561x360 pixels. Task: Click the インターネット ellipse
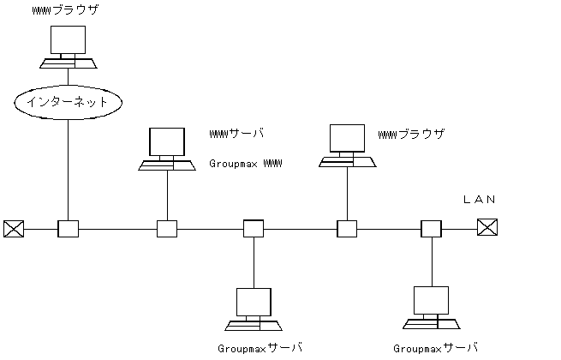(x=68, y=102)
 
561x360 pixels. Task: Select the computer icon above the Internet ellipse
(x=68, y=48)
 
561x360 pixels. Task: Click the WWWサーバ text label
(x=237, y=134)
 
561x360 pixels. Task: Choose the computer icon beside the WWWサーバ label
(x=167, y=149)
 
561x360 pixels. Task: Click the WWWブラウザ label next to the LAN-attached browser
(x=412, y=135)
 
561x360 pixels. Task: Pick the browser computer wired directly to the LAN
(x=347, y=147)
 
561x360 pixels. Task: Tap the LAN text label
(x=479, y=200)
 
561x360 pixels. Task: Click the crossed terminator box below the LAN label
(x=486, y=228)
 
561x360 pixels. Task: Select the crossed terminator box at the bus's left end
(x=13, y=229)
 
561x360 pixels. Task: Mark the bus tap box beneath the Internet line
(x=68, y=229)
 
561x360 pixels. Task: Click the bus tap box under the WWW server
(x=167, y=229)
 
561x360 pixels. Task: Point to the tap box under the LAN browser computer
(x=347, y=229)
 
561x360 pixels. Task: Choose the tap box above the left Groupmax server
(x=254, y=229)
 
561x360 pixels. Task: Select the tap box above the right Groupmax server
(x=431, y=229)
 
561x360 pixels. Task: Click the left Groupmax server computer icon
(x=254, y=309)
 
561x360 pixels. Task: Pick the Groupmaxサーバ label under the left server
(x=260, y=348)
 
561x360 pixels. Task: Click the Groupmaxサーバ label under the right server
(x=436, y=348)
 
